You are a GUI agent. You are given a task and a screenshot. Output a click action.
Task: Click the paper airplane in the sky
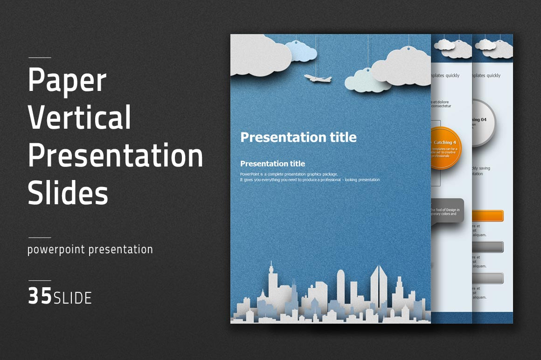click(x=318, y=78)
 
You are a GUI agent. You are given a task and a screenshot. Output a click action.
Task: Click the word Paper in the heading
click(x=67, y=80)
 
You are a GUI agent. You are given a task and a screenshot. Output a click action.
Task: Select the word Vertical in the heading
click(x=79, y=117)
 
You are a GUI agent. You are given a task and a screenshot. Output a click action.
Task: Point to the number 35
click(x=40, y=297)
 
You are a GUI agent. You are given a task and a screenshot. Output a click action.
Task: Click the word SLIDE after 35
click(x=73, y=298)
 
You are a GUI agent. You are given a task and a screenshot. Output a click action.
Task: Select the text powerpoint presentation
click(x=90, y=249)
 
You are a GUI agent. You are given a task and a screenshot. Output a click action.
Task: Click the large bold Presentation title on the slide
click(x=298, y=137)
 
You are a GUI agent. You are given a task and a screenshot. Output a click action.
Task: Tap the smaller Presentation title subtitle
click(x=272, y=164)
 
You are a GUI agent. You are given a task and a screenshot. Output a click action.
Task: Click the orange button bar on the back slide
click(x=488, y=216)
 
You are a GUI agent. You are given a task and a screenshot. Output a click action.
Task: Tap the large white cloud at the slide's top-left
click(x=259, y=58)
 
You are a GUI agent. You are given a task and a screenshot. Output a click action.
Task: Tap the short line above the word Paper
click(x=40, y=58)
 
